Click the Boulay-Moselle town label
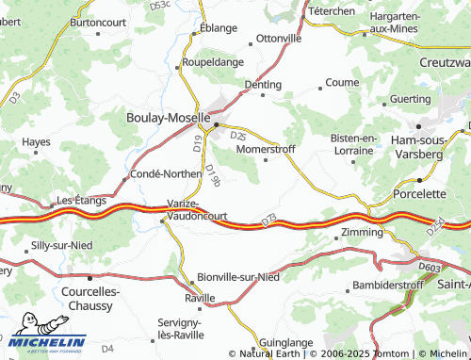point(167,118)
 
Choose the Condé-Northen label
point(164,173)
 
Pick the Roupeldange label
point(212,62)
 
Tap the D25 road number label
point(238,137)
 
